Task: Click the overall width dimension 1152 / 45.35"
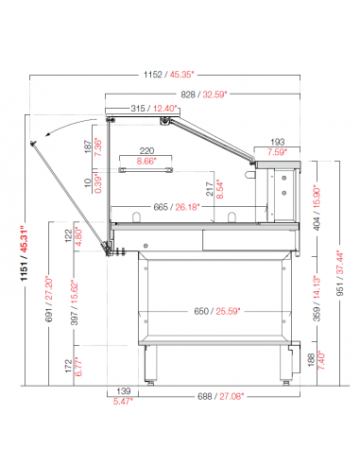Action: pos(169,75)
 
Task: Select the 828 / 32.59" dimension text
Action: pos(204,95)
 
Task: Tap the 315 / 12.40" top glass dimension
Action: pos(154,109)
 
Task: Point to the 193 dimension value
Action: pos(277,142)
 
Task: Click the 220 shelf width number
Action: pos(146,151)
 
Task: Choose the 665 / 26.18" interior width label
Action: pos(177,207)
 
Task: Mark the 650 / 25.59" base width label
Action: pos(217,311)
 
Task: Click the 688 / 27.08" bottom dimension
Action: pos(221,396)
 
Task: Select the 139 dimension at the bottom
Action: pos(124,391)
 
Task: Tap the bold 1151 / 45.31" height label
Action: pos(24,253)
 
